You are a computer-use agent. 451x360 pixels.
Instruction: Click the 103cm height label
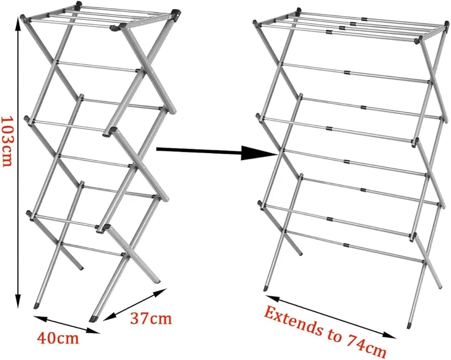point(7,141)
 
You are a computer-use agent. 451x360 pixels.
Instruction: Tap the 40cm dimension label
point(58,338)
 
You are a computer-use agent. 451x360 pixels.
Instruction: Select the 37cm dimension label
point(151,318)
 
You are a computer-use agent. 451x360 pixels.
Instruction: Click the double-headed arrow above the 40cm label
point(66,324)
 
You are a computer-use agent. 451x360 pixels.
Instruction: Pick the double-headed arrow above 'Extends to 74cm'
point(330,316)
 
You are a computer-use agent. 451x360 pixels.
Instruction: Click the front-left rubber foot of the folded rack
point(36,306)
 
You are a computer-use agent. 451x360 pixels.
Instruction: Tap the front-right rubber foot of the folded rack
point(93,319)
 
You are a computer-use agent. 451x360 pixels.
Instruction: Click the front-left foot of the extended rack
point(265,288)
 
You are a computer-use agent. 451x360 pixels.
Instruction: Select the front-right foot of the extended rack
point(409,326)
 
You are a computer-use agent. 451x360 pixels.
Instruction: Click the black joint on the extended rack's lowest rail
point(346,245)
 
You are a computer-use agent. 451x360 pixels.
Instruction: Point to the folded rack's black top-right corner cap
point(176,14)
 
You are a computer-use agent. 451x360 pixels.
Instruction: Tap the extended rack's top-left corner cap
point(255,23)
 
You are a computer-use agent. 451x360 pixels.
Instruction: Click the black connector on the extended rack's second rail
point(347,73)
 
